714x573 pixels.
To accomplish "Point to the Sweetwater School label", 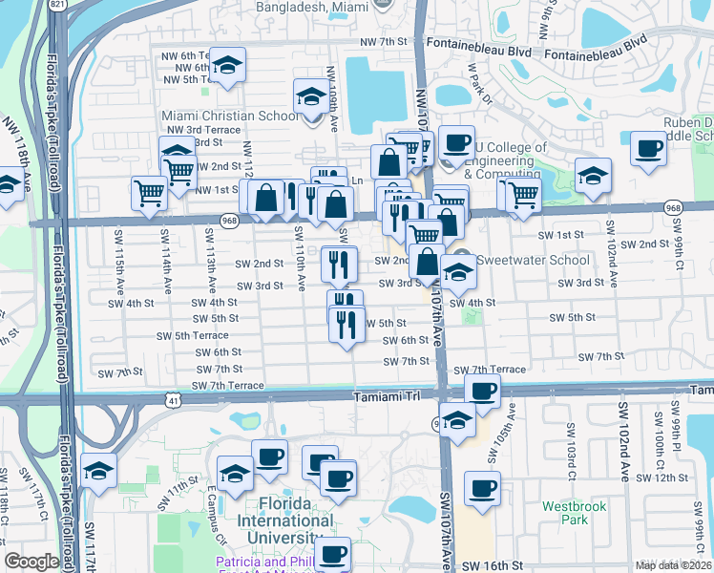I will click(x=522, y=260).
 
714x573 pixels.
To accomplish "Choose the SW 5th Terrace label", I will click(x=194, y=336).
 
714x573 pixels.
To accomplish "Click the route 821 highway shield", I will click(x=57, y=5).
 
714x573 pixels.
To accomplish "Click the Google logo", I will click(x=31, y=562).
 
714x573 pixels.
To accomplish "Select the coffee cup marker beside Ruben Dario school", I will click(x=649, y=149).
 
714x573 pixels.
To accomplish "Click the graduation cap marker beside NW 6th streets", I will click(x=227, y=65).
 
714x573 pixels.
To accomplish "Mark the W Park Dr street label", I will click(x=477, y=81).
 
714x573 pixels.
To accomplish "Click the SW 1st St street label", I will click(x=560, y=235).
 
